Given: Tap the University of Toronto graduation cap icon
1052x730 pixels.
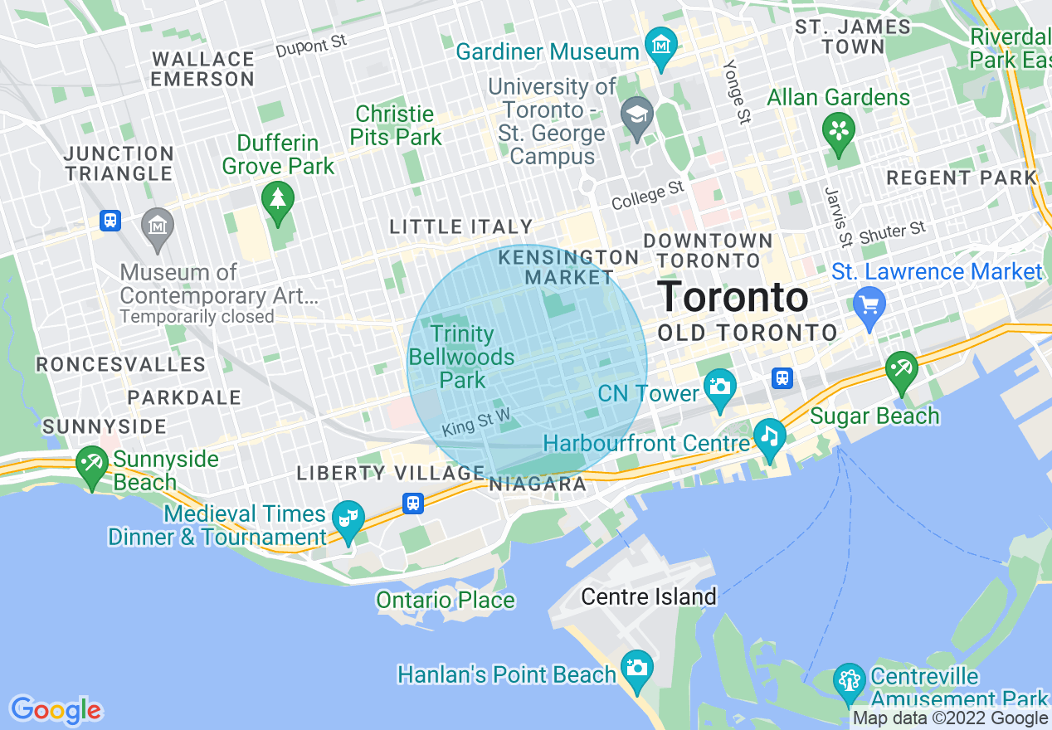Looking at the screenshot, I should click(x=636, y=113).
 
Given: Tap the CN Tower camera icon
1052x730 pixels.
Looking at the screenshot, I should click(x=719, y=387).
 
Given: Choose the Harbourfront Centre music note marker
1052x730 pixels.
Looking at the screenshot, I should click(x=769, y=436).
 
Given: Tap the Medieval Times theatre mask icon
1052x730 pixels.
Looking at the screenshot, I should click(x=348, y=519).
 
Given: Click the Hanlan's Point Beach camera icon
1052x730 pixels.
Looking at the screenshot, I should click(x=636, y=668).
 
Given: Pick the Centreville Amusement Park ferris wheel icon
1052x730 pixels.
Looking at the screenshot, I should click(x=849, y=681).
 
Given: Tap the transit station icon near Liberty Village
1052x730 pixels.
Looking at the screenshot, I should click(x=413, y=503).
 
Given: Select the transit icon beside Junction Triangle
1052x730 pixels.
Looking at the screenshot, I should click(x=110, y=221).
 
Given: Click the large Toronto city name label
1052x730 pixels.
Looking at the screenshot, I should click(x=733, y=296).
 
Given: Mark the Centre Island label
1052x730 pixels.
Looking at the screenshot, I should click(x=648, y=596).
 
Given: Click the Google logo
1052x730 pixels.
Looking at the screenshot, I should click(x=56, y=710).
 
